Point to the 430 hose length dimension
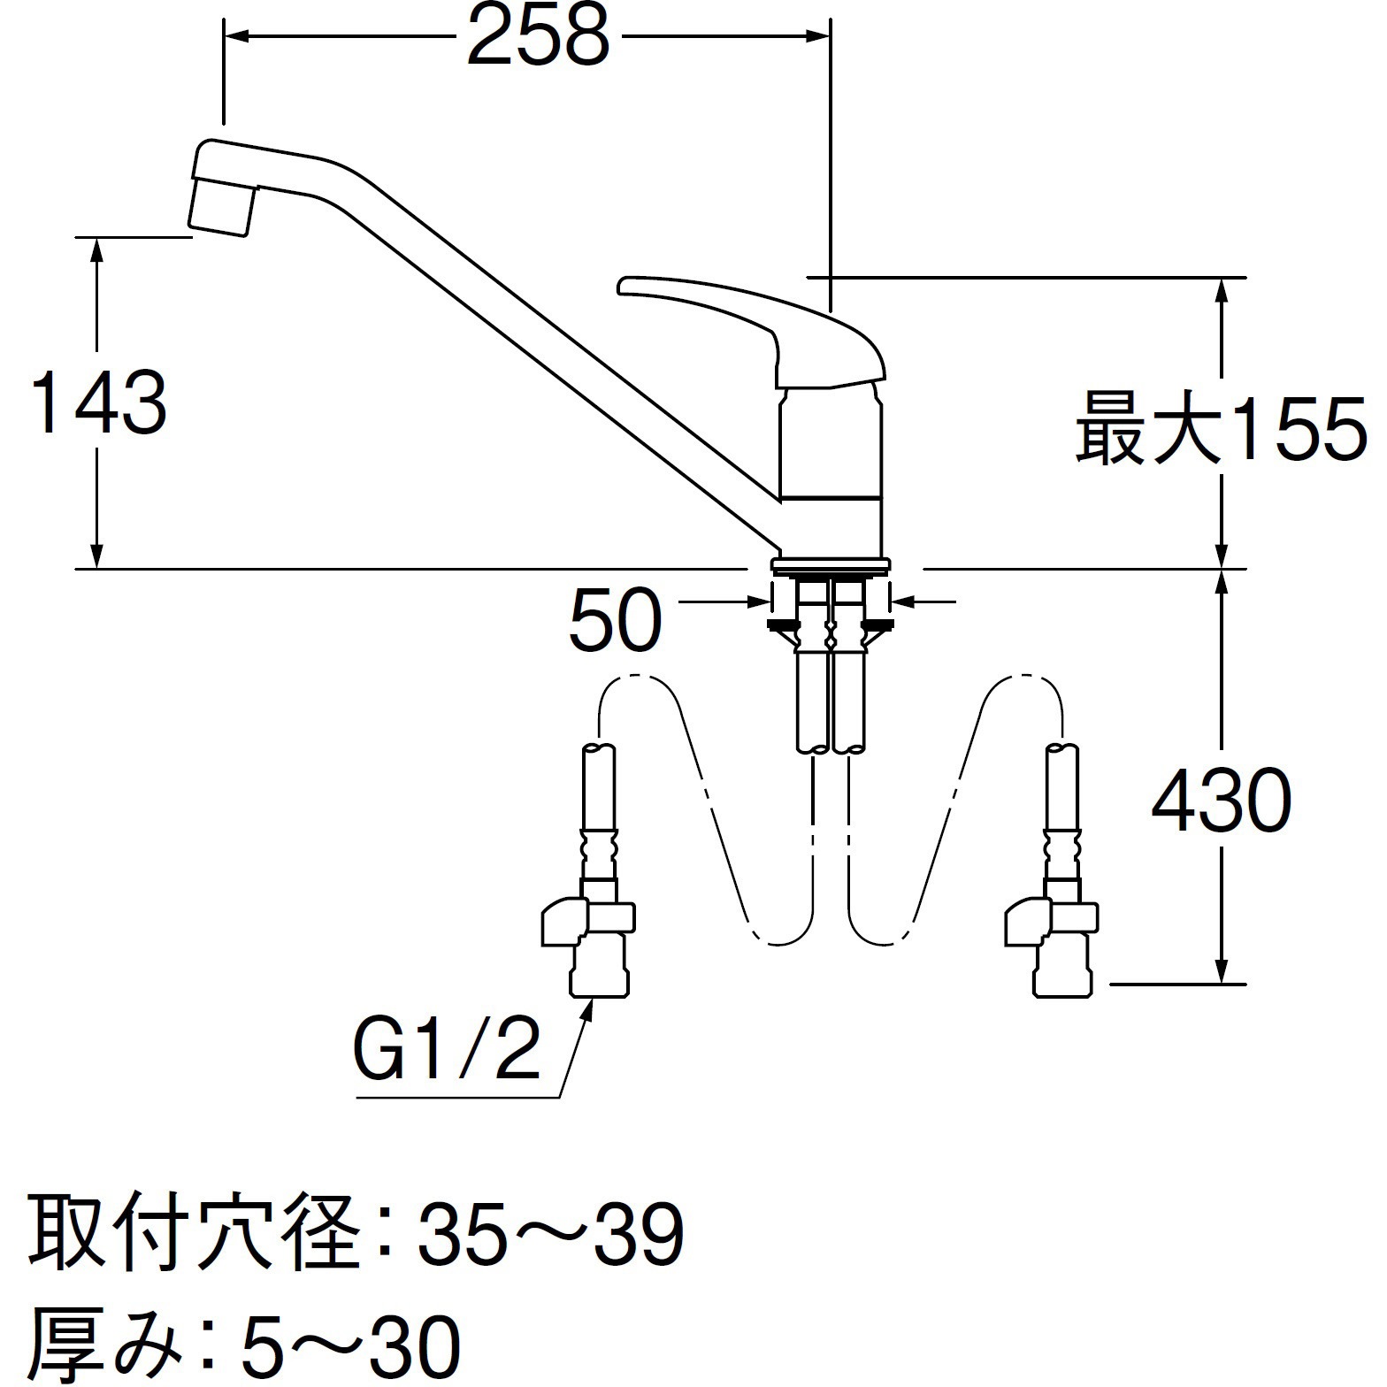click(1221, 801)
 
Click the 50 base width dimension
click(616, 620)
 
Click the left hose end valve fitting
click(588, 938)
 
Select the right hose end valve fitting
click(1053, 938)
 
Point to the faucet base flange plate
click(831, 563)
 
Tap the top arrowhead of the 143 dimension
click(98, 249)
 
